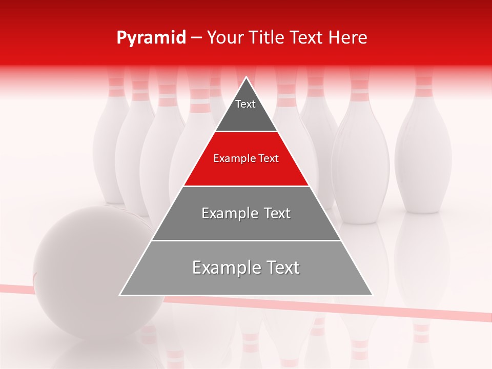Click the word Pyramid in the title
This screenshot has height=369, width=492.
pyautogui.click(x=151, y=38)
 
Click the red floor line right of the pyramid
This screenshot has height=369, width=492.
pyautogui.click(x=430, y=311)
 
